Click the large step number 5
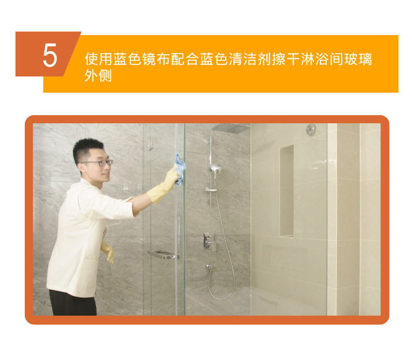(50, 55)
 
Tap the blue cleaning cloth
(180, 169)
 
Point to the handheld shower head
(215, 168)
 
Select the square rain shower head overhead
(231, 128)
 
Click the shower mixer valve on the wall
(208, 241)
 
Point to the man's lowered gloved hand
(107, 252)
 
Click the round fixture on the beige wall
(311, 129)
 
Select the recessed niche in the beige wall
(287, 191)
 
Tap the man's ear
(80, 168)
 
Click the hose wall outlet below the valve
(209, 267)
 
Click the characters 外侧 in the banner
(98, 75)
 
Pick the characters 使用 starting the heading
(99, 59)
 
